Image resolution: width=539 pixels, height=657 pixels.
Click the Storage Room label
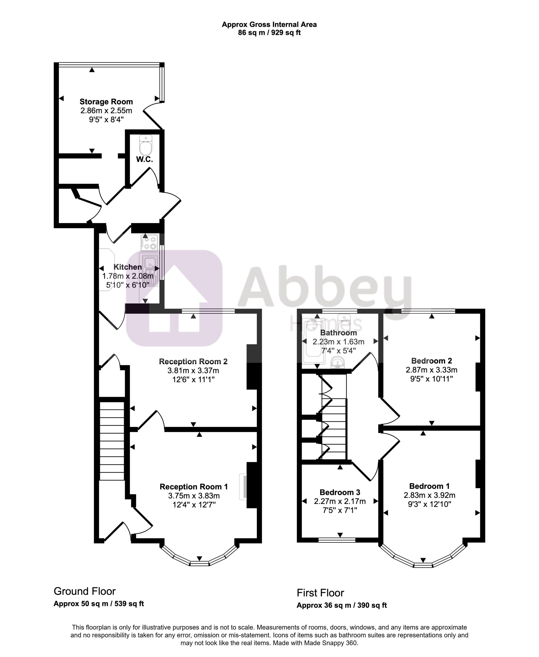(106, 102)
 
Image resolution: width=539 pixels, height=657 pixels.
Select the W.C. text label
(145, 159)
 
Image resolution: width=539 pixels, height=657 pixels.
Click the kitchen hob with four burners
(149, 243)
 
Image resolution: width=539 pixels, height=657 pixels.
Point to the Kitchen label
(128, 267)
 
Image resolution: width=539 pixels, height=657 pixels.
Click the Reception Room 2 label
(193, 361)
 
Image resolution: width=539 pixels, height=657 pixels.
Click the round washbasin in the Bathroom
(338, 362)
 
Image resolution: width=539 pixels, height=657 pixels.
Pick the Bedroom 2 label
(432, 361)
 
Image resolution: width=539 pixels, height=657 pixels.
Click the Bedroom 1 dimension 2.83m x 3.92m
(429, 495)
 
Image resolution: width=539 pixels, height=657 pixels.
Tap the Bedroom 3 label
(340, 492)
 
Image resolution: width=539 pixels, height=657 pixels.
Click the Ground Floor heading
(85, 591)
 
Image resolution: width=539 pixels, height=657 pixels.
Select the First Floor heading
(320, 593)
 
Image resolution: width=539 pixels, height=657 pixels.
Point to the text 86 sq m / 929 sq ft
(269, 33)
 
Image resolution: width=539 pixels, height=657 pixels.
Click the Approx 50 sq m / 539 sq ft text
(99, 604)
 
